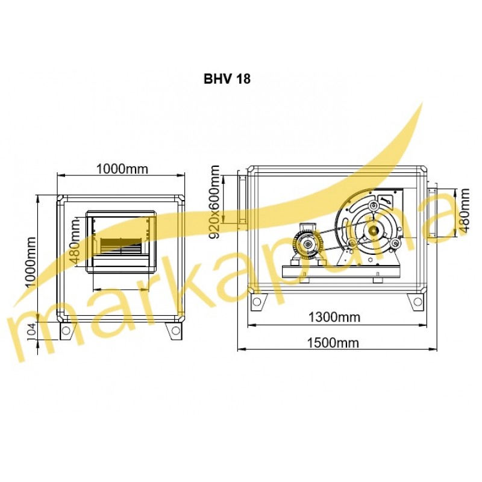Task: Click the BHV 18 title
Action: [227, 79]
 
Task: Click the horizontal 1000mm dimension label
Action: [122, 169]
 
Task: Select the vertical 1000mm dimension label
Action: [31, 262]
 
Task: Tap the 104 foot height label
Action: [31, 330]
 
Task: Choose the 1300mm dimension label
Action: [334, 317]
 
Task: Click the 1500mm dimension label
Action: [333, 342]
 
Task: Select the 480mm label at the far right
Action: [464, 210]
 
